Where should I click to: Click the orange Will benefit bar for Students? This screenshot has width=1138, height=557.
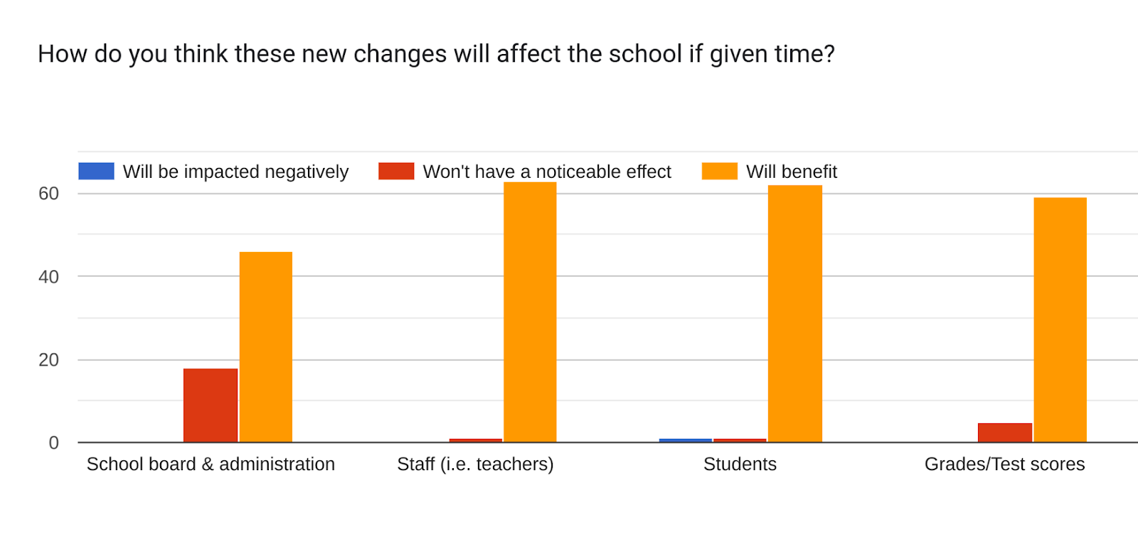(x=794, y=314)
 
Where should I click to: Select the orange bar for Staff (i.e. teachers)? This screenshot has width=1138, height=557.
(x=530, y=312)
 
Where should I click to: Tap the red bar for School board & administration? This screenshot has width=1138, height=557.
(x=211, y=405)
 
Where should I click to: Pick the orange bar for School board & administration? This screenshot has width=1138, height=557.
(x=266, y=347)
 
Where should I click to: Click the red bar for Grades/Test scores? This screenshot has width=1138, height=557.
(x=1005, y=433)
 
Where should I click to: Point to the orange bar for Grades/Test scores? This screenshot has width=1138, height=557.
(x=1060, y=319)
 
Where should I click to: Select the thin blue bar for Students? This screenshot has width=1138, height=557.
(x=686, y=440)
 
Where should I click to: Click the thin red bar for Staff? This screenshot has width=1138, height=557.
(x=476, y=440)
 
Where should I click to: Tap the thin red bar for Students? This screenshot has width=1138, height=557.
(x=740, y=440)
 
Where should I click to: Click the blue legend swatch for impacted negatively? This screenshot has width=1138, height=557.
(x=97, y=171)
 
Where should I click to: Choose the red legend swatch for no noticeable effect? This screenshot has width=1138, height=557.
(x=396, y=171)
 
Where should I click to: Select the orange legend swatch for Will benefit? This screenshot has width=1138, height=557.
(x=719, y=171)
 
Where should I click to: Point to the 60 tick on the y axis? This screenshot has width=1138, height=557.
(x=49, y=193)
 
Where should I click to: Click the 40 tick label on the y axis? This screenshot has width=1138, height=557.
(x=49, y=277)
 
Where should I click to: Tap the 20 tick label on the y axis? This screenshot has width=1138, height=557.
(x=49, y=360)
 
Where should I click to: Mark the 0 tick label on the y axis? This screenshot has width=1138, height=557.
(x=54, y=443)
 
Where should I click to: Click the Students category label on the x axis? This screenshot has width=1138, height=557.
(x=740, y=464)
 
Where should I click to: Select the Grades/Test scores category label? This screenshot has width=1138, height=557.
(x=1004, y=464)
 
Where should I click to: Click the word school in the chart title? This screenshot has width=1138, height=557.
(x=645, y=53)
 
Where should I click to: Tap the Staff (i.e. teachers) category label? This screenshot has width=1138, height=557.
(x=475, y=465)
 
